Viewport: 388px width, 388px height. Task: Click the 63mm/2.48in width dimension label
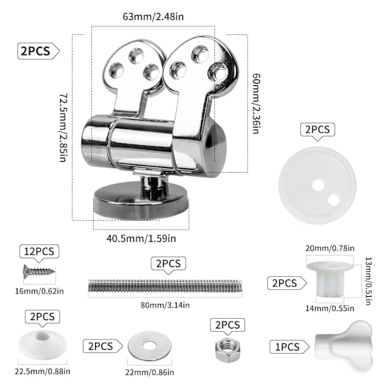[153, 17]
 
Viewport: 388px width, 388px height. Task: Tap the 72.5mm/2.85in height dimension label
[63, 127]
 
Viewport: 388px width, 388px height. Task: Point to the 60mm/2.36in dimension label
[256, 103]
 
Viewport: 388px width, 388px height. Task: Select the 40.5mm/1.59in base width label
[141, 239]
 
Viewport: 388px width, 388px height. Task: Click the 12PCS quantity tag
[39, 252]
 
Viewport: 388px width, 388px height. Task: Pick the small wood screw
[39, 272]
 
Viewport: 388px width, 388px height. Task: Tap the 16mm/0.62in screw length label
[39, 291]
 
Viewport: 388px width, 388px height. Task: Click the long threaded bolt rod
[165, 287]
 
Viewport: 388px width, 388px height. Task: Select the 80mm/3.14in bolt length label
[165, 305]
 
